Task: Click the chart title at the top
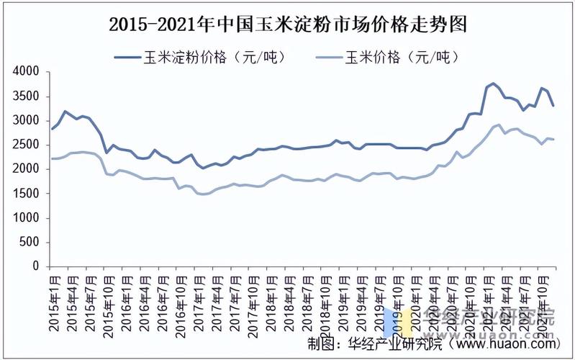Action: (288, 24)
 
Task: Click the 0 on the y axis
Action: (35, 266)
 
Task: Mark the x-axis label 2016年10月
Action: (179, 302)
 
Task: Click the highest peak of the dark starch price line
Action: (493, 84)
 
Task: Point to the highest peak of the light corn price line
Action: (499, 125)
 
